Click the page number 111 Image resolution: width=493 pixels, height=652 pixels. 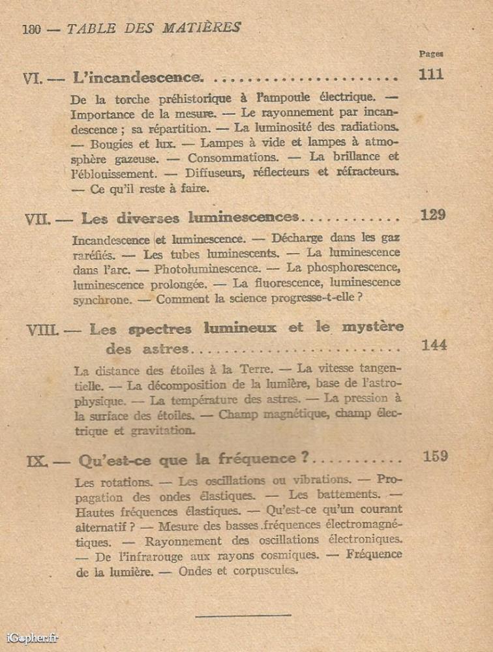431,74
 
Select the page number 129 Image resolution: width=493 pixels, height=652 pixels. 433,215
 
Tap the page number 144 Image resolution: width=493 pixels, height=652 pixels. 434,346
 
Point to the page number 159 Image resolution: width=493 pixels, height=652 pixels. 435,456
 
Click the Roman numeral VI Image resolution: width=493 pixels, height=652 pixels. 33,79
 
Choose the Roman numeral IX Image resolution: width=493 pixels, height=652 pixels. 37,462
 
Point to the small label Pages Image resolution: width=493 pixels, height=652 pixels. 431,54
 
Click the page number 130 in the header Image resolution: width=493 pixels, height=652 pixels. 32,29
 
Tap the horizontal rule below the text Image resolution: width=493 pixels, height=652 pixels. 243,614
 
